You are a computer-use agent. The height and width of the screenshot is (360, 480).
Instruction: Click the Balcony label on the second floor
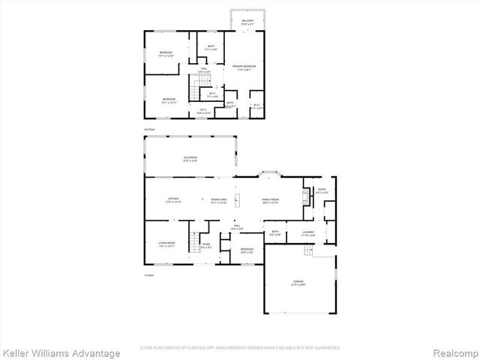(x=247, y=22)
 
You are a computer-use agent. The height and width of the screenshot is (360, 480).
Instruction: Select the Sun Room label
(x=190, y=159)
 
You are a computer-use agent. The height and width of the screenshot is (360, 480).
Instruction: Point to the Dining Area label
(x=220, y=200)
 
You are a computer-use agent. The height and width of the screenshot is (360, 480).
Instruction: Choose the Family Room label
(x=269, y=200)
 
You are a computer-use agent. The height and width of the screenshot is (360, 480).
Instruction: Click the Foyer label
(x=205, y=245)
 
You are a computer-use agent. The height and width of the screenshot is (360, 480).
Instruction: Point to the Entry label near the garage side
(x=322, y=191)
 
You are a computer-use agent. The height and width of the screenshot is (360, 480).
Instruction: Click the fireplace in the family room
(x=304, y=197)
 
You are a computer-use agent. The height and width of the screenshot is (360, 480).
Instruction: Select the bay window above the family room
(x=268, y=175)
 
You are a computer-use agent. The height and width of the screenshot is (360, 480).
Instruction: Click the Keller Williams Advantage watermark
(x=61, y=352)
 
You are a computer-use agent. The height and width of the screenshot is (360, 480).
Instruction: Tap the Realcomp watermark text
(x=452, y=352)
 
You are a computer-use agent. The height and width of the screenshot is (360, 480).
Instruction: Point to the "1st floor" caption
(x=149, y=274)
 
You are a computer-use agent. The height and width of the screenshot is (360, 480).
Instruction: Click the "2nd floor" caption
(x=149, y=129)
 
